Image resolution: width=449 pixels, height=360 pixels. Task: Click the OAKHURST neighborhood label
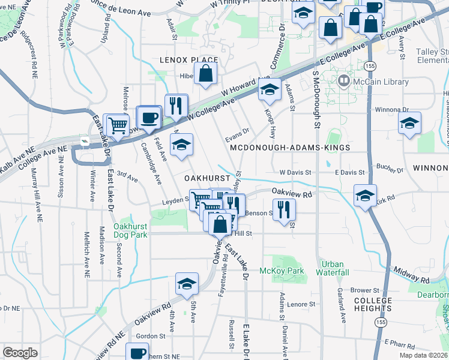pos(208,178)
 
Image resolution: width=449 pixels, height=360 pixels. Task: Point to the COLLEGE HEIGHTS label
pos(373,304)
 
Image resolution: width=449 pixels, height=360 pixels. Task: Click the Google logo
pos(20,353)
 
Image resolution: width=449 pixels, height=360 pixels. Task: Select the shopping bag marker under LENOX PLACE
pos(205,75)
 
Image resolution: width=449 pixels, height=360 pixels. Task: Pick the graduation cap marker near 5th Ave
pos(187,283)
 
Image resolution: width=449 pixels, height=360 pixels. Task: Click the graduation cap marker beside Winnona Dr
pos(410,123)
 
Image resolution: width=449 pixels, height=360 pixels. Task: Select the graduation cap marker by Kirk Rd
pos(365,196)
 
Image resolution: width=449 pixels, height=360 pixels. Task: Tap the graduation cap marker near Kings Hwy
pos(270,90)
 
